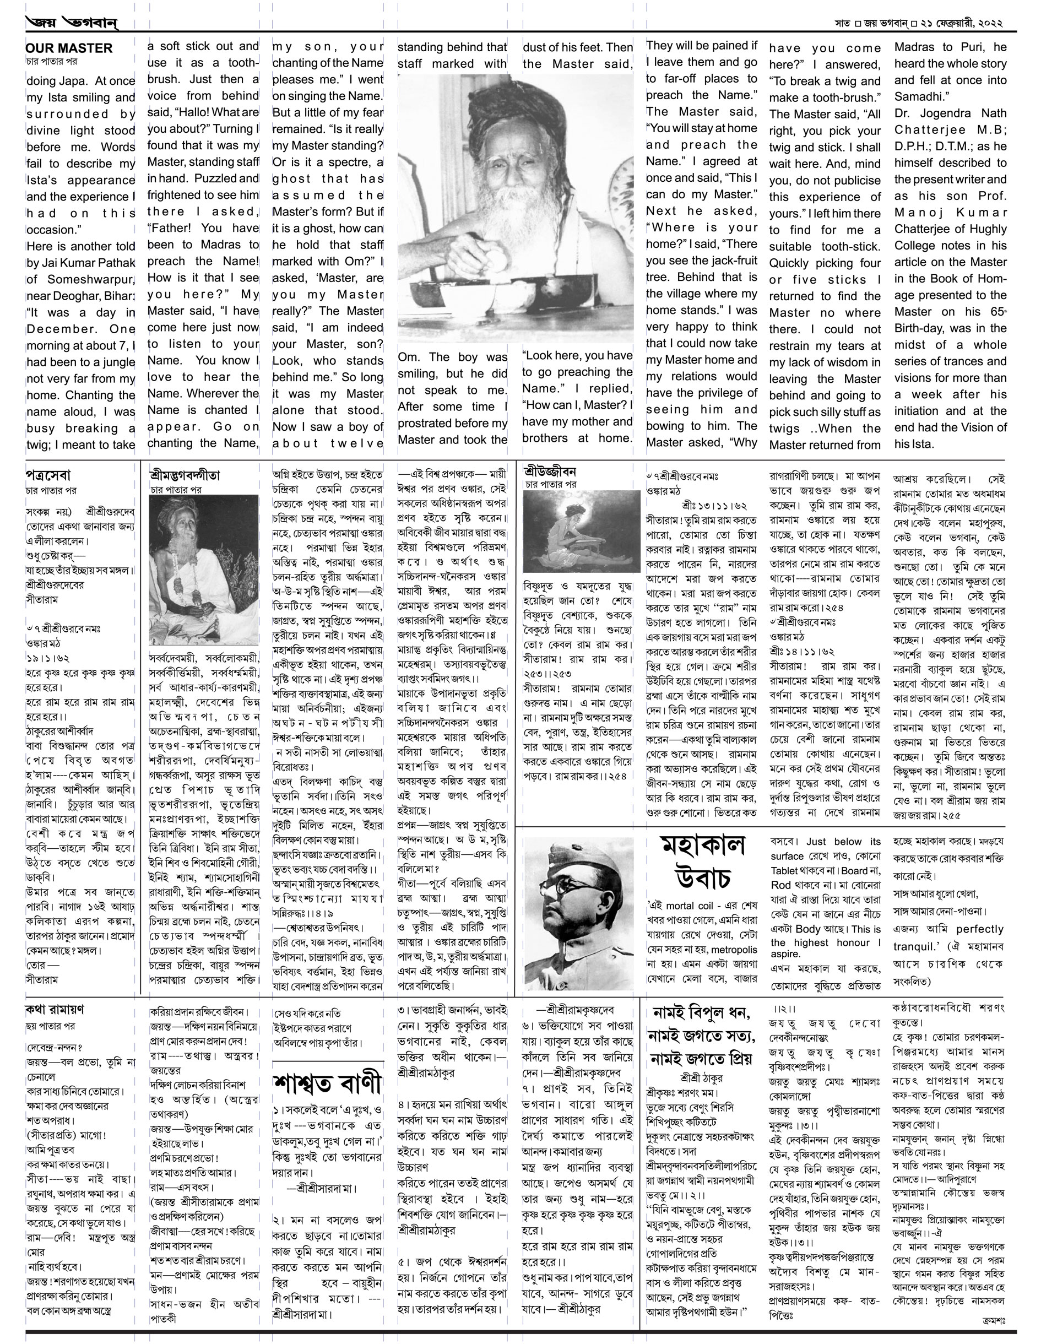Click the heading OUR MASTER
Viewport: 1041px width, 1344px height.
coord(69,48)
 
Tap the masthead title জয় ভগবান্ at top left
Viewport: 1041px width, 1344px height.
coord(72,23)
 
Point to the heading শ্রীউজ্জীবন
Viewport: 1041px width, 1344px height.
coord(550,472)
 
